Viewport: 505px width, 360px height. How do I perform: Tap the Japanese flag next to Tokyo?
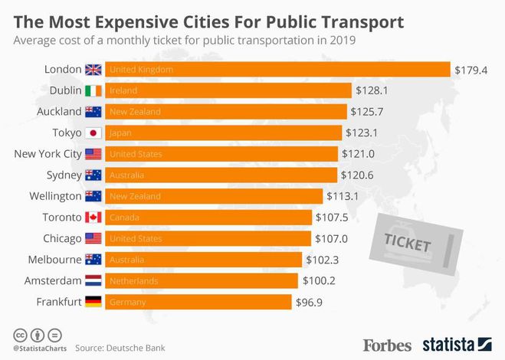click(93, 133)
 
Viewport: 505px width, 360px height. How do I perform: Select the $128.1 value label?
click(371, 90)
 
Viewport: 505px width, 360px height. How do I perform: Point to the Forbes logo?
click(388, 344)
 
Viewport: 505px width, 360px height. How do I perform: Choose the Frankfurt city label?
click(59, 302)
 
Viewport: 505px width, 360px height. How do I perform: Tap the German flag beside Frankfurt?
click(93, 302)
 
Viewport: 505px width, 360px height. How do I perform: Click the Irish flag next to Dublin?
click(93, 90)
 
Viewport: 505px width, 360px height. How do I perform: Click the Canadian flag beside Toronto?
click(93, 218)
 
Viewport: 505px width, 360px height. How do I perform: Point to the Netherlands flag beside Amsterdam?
click(93, 280)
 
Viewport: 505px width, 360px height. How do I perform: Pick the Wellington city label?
click(54, 196)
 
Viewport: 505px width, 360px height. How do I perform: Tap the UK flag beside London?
click(93, 70)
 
